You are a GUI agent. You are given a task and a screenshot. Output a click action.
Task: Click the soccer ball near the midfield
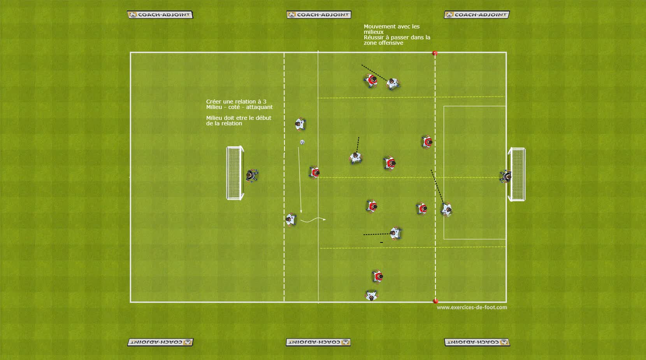[x=302, y=142]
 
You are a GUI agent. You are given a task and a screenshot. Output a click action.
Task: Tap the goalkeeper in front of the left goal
[x=251, y=176]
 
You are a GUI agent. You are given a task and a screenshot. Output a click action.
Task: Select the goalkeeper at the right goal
[x=506, y=177]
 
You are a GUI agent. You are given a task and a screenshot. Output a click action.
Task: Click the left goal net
[x=235, y=173]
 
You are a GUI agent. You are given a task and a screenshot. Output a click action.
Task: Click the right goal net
[x=517, y=174]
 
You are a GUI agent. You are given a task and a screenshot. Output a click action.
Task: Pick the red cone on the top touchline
[x=435, y=53]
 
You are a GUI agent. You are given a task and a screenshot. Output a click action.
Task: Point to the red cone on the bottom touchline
[x=435, y=300]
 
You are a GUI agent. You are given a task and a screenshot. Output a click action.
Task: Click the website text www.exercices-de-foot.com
[x=472, y=307]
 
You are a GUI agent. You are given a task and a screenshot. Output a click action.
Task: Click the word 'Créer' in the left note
[x=214, y=102]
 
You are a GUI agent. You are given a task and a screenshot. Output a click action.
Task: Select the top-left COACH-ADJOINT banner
[x=160, y=15]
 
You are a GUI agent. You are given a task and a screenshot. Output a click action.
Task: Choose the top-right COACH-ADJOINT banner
[x=477, y=15]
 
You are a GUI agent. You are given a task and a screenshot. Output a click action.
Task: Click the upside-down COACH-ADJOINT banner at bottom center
[x=318, y=342]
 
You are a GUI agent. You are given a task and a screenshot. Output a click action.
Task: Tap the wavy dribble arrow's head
[x=324, y=220]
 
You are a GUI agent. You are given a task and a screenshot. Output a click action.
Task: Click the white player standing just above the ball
[x=300, y=125]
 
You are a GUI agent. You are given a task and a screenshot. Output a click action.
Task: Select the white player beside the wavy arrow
[x=291, y=220]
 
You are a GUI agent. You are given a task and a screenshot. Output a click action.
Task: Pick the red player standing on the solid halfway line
[x=314, y=172]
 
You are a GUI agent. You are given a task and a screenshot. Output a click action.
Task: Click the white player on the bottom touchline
[x=372, y=296]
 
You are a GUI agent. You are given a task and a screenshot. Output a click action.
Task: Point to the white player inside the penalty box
[x=446, y=209]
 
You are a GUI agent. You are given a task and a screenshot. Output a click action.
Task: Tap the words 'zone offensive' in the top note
[x=383, y=43]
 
